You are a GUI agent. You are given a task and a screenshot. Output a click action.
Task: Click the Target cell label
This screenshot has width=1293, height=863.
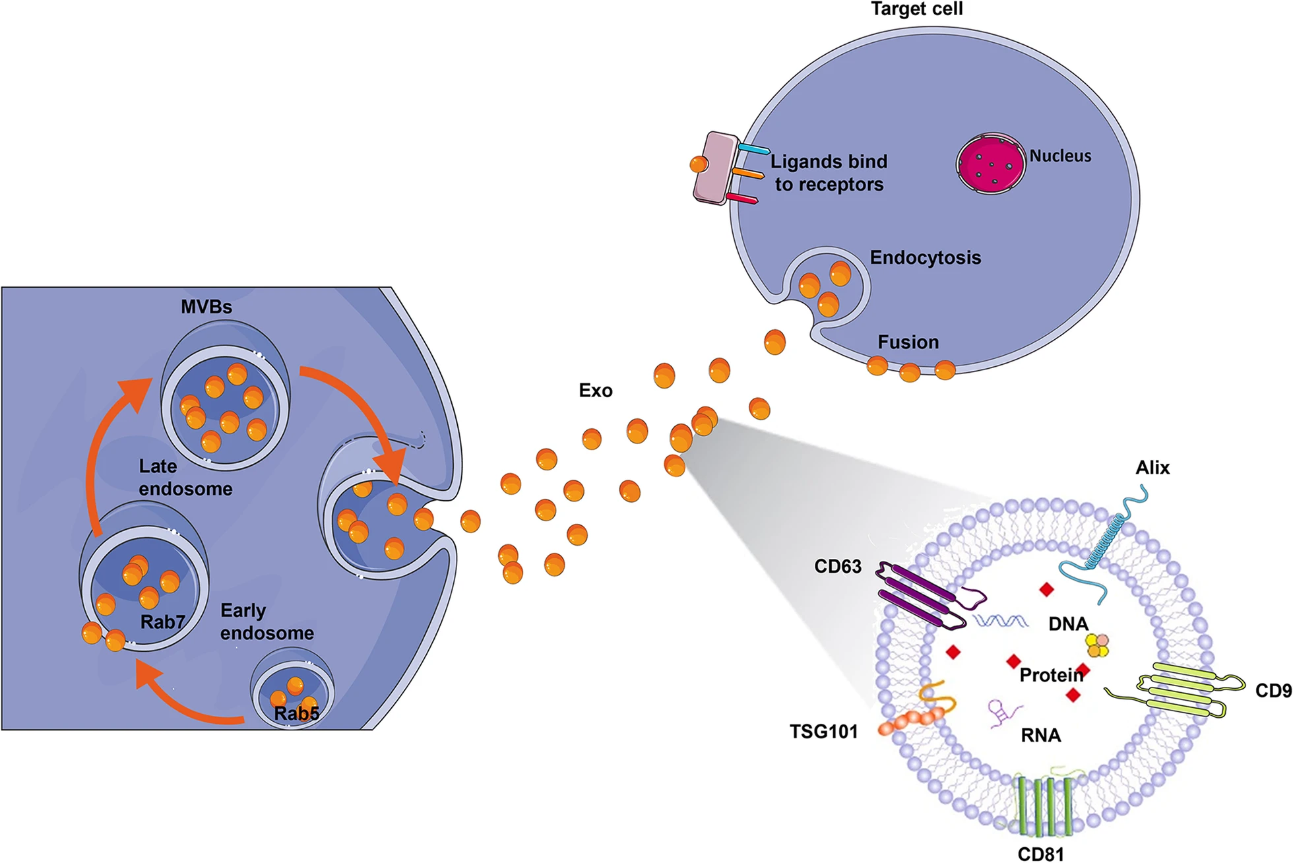(916, 9)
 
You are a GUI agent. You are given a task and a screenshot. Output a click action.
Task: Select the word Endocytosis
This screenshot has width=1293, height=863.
(925, 257)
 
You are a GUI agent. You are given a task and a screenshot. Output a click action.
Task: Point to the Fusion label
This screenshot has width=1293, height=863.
(908, 342)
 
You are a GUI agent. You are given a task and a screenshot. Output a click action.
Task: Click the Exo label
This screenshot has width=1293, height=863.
(595, 391)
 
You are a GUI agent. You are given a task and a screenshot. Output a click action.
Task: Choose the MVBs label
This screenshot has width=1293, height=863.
(206, 307)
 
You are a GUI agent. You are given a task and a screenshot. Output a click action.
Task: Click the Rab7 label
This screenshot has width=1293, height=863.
(162, 622)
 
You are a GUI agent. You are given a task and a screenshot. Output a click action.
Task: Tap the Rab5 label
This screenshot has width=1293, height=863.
(296, 713)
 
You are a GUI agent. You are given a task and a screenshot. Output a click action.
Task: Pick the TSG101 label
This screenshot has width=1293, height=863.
(823, 732)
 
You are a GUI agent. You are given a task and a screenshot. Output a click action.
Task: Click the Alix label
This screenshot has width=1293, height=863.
(1152, 468)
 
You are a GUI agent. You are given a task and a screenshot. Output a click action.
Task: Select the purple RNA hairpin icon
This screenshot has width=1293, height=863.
(1003, 713)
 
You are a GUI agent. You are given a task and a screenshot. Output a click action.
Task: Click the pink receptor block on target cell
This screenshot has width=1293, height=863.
(716, 167)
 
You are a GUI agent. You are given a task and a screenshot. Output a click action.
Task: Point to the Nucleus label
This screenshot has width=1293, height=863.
(1060, 156)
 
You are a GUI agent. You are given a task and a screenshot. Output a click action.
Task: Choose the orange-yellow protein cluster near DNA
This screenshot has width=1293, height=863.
(1098, 645)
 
